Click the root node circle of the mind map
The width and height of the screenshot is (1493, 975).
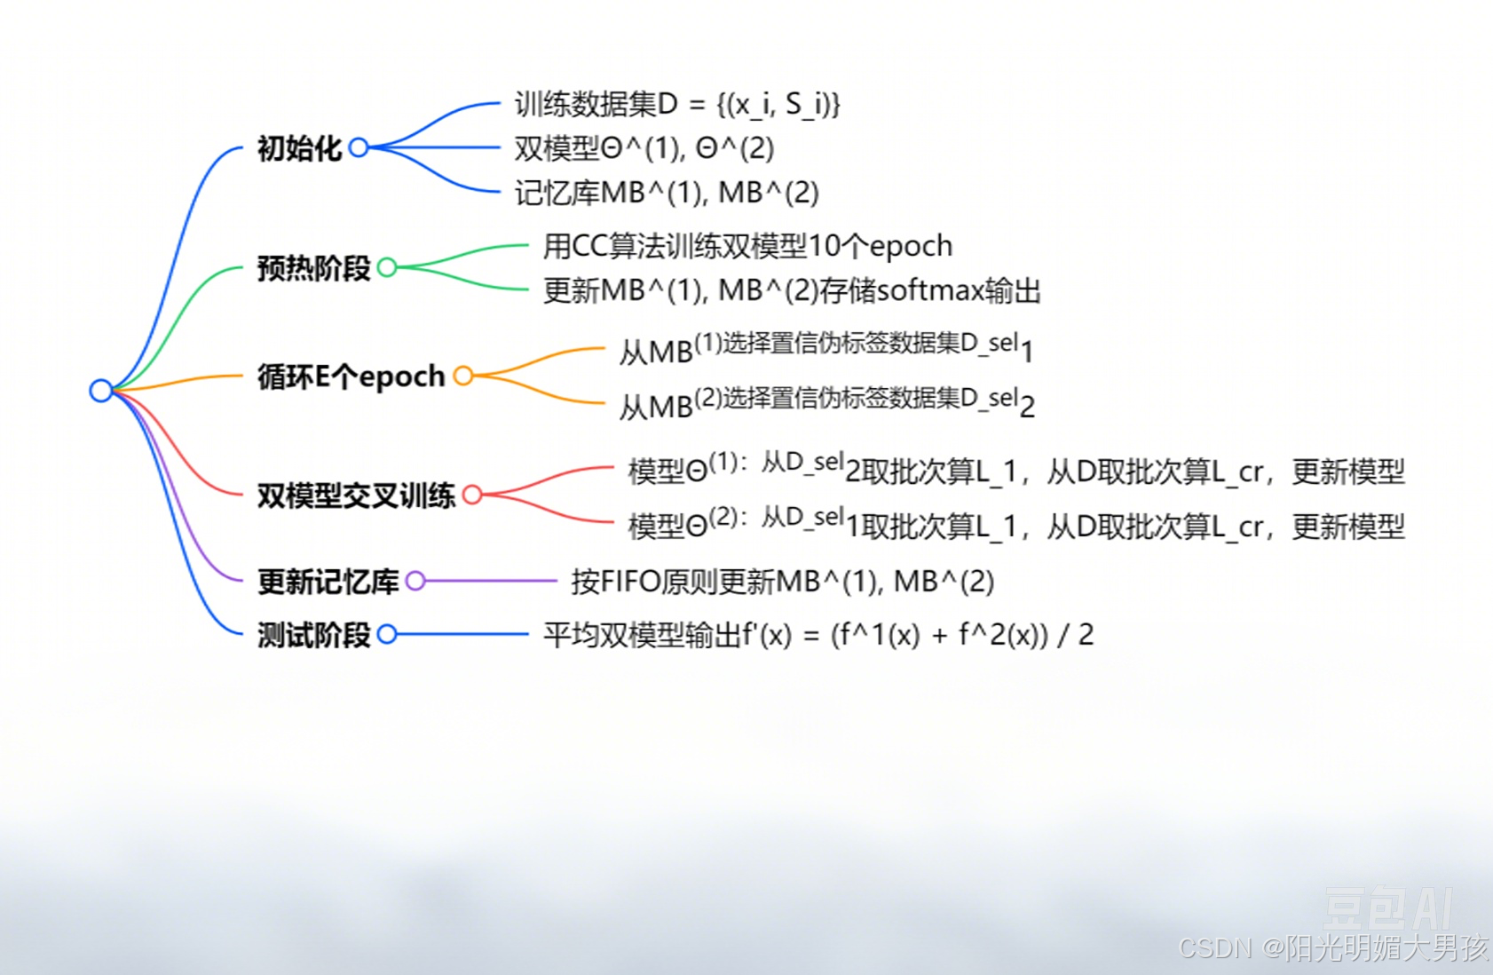(x=100, y=390)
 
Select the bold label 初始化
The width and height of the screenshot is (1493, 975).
(x=299, y=148)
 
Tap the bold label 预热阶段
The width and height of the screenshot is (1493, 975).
(x=313, y=267)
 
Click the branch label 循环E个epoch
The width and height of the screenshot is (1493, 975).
(x=351, y=377)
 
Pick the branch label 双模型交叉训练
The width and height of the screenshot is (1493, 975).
(x=356, y=495)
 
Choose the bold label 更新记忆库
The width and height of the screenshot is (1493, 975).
(x=328, y=582)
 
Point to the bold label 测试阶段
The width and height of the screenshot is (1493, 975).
(x=313, y=635)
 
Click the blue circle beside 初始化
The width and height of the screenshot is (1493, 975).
(x=359, y=147)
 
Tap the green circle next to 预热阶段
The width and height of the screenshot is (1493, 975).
(x=387, y=267)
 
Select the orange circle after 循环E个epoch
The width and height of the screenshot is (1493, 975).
(x=463, y=376)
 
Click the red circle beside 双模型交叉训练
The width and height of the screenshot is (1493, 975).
(x=472, y=495)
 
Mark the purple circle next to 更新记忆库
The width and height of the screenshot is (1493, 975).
(x=415, y=582)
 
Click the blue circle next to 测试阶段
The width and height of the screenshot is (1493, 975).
(x=387, y=634)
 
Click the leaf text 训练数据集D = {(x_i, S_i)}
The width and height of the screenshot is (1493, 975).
(x=676, y=105)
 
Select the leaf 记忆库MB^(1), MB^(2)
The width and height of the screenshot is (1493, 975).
(x=666, y=193)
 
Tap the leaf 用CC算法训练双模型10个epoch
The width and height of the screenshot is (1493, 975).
(x=747, y=246)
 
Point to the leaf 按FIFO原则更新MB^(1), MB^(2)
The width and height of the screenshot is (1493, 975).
(x=782, y=582)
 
